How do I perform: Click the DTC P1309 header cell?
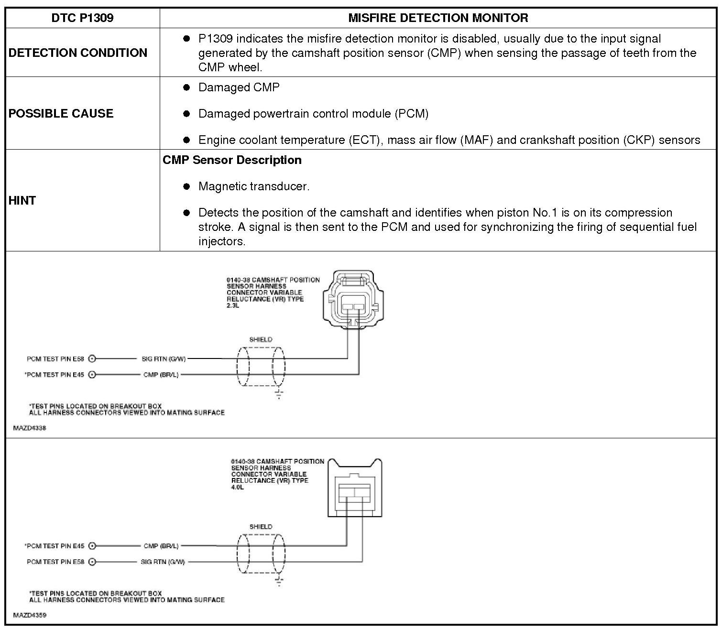pyautogui.click(x=82, y=18)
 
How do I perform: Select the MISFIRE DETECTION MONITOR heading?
pyautogui.click(x=438, y=18)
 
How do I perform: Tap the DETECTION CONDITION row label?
pyautogui.click(x=78, y=53)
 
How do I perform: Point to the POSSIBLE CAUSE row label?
pyautogui.click(x=61, y=113)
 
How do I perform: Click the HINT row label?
pyautogui.click(x=22, y=200)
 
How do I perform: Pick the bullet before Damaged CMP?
pyautogui.click(x=186, y=87)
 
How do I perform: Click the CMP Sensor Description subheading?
pyautogui.click(x=232, y=160)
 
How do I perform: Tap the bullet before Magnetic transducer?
pyautogui.click(x=186, y=186)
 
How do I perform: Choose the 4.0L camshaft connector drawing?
pyautogui.click(x=354, y=489)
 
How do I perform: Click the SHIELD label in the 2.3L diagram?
pyautogui.click(x=261, y=340)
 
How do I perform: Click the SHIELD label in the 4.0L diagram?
pyautogui.click(x=261, y=527)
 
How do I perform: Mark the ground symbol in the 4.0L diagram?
pyautogui.click(x=279, y=581)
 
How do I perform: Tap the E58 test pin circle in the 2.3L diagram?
pyautogui.click(x=92, y=358)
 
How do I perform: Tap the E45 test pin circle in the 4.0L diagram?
pyautogui.click(x=92, y=546)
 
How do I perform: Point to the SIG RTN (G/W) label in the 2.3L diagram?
pyautogui.click(x=164, y=358)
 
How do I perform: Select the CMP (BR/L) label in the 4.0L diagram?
pyautogui.click(x=161, y=546)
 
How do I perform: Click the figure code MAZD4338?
pyautogui.click(x=30, y=428)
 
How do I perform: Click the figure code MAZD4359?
pyautogui.click(x=30, y=615)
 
